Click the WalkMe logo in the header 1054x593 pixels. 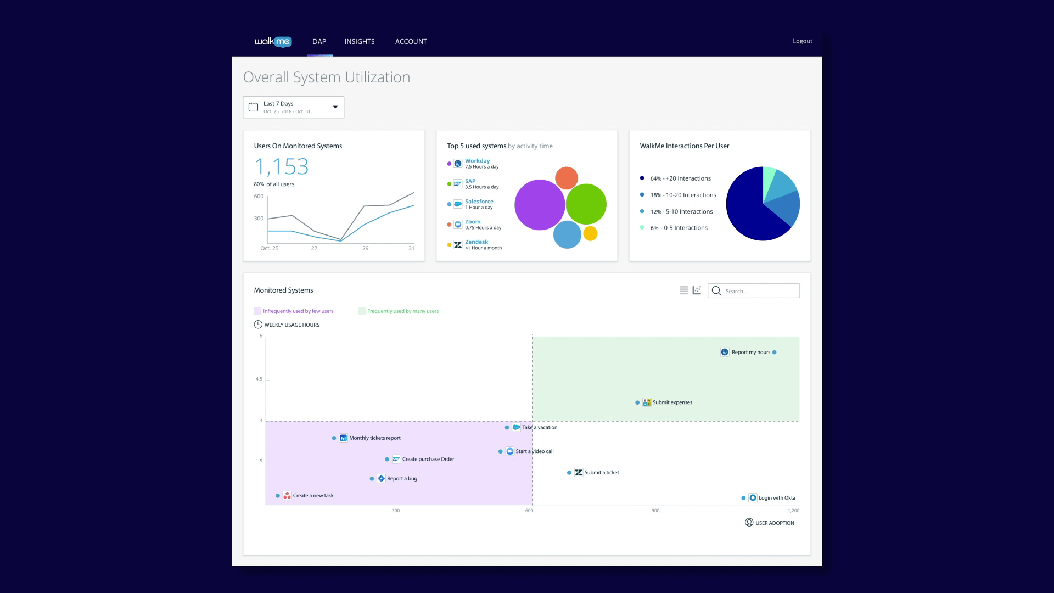pyautogui.click(x=273, y=42)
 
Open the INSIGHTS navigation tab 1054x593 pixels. pyautogui.click(x=360, y=42)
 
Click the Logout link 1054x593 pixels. pyautogui.click(x=802, y=41)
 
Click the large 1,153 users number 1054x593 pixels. pyautogui.click(x=282, y=166)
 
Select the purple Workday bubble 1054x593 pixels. pyautogui.click(x=539, y=205)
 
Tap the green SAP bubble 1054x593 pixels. pyautogui.click(x=586, y=204)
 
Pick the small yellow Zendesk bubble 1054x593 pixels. pyautogui.click(x=590, y=234)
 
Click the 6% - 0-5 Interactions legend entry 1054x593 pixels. pyautogui.click(x=679, y=228)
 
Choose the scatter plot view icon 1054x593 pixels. pyautogui.click(x=697, y=290)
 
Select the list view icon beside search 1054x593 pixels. pyautogui.click(x=683, y=290)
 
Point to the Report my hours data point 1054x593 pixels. pyautogui.click(x=774, y=353)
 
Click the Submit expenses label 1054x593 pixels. pyautogui.click(x=672, y=402)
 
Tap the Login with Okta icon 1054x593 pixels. pyautogui.click(x=753, y=498)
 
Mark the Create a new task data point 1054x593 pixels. pyautogui.click(x=278, y=496)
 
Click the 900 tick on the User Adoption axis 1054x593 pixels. pyautogui.click(x=655, y=511)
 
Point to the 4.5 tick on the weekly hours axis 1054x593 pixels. pyautogui.click(x=259, y=379)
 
